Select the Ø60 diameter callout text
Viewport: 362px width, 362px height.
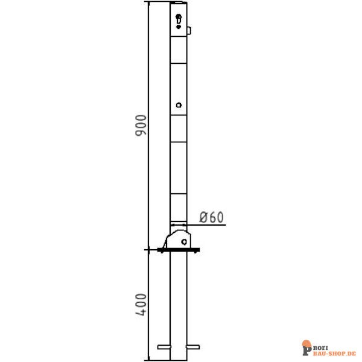point(211,217)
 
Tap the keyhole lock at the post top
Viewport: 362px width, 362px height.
point(178,21)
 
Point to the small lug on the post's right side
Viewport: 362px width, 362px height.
point(189,30)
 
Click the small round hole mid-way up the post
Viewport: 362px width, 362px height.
point(179,106)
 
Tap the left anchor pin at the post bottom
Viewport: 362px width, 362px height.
point(164,346)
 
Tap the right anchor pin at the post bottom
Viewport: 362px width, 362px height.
point(194,346)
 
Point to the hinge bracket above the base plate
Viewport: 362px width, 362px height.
point(178,237)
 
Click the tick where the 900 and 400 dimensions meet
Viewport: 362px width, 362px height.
point(148,249)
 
